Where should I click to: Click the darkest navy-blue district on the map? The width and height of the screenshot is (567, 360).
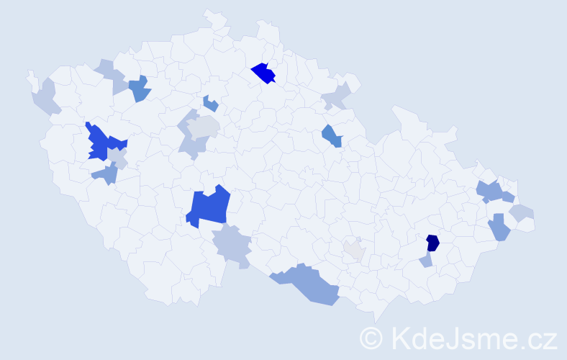(432, 243)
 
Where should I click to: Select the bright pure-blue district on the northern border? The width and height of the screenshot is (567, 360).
(264, 73)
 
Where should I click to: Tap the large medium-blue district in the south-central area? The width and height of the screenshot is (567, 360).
(209, 207)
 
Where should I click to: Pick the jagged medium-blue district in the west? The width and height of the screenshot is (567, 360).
(100, 143)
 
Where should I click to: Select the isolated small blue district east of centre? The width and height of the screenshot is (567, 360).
(332, 135)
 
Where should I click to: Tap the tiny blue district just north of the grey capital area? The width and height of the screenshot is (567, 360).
(210, 104)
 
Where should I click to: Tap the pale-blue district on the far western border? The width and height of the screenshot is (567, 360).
(44, 99)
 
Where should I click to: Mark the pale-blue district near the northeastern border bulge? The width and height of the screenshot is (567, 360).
(335, 96)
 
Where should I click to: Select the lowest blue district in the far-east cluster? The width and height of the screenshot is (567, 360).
(499, 228)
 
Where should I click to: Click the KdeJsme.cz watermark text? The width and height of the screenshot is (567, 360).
(472, 338)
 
